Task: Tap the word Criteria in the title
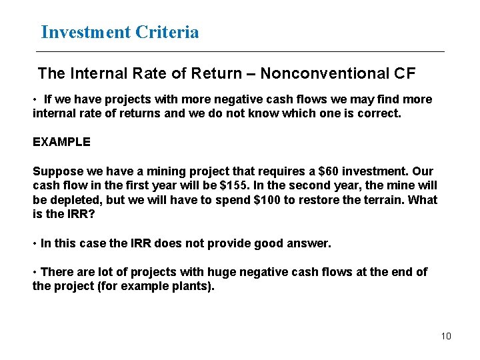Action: [x=167, y=32]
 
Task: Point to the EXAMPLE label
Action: [x=61, y=142]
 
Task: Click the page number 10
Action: [x=446, y=336]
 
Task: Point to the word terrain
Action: [x=379, y=200]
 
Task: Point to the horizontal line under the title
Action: [x=240, y=51]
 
